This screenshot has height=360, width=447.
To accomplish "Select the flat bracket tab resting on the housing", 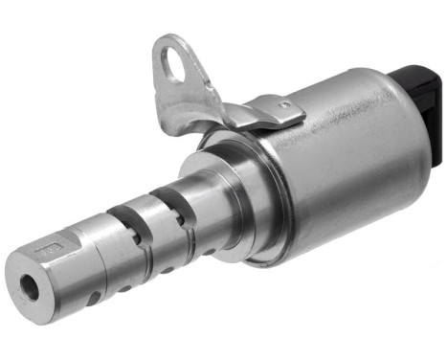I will coord(273,116).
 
